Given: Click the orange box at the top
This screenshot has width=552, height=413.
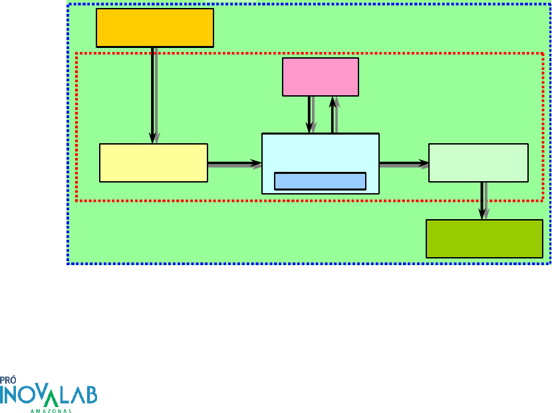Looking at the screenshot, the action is [154, 27].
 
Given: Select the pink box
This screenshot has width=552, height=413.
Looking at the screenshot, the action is [320, 77].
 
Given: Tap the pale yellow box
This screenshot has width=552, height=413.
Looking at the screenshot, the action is [153, 163].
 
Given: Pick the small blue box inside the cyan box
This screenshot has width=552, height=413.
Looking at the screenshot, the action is [320, 181].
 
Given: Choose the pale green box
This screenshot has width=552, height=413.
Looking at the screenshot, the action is [478, 163].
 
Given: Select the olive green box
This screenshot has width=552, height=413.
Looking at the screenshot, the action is [484, 238].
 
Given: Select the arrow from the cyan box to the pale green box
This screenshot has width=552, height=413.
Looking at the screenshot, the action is [404, 163].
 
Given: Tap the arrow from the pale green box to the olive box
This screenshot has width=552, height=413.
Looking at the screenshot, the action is [482, 200].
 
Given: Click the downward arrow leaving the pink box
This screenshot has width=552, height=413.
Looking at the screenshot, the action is [309, 115].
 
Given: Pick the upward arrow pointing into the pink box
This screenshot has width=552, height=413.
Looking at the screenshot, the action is [333, 115].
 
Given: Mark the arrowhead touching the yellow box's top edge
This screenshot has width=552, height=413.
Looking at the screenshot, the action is [152, 139].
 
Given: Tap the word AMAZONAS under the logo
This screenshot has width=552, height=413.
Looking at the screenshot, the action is [52, 410].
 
